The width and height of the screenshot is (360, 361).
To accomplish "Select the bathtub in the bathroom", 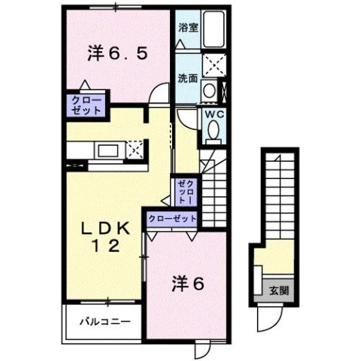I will coord(216,29).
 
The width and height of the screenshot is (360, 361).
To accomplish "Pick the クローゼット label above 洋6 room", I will coord(172,218).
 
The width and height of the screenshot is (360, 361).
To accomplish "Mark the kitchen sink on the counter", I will coord(103,150).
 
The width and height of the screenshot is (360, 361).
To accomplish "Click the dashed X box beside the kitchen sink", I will coord(136,148).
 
